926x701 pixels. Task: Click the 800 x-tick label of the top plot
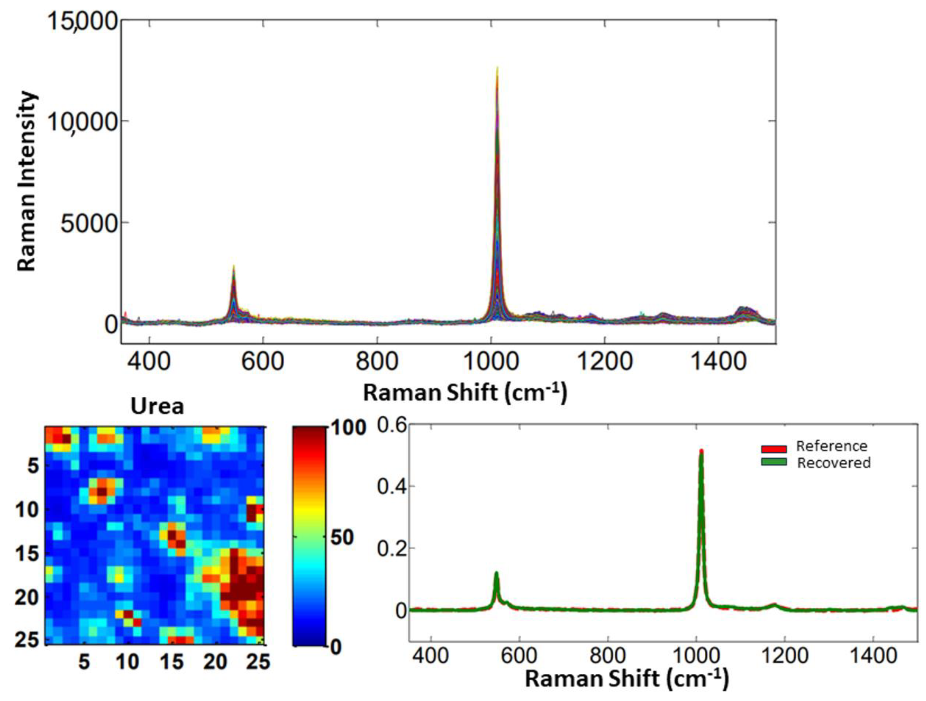[x=377, y=361]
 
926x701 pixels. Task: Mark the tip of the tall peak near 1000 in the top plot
[x=497, y=68]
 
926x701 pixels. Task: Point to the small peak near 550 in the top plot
[x=233, y=268]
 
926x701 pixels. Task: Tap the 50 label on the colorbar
[x=342, y=538]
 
